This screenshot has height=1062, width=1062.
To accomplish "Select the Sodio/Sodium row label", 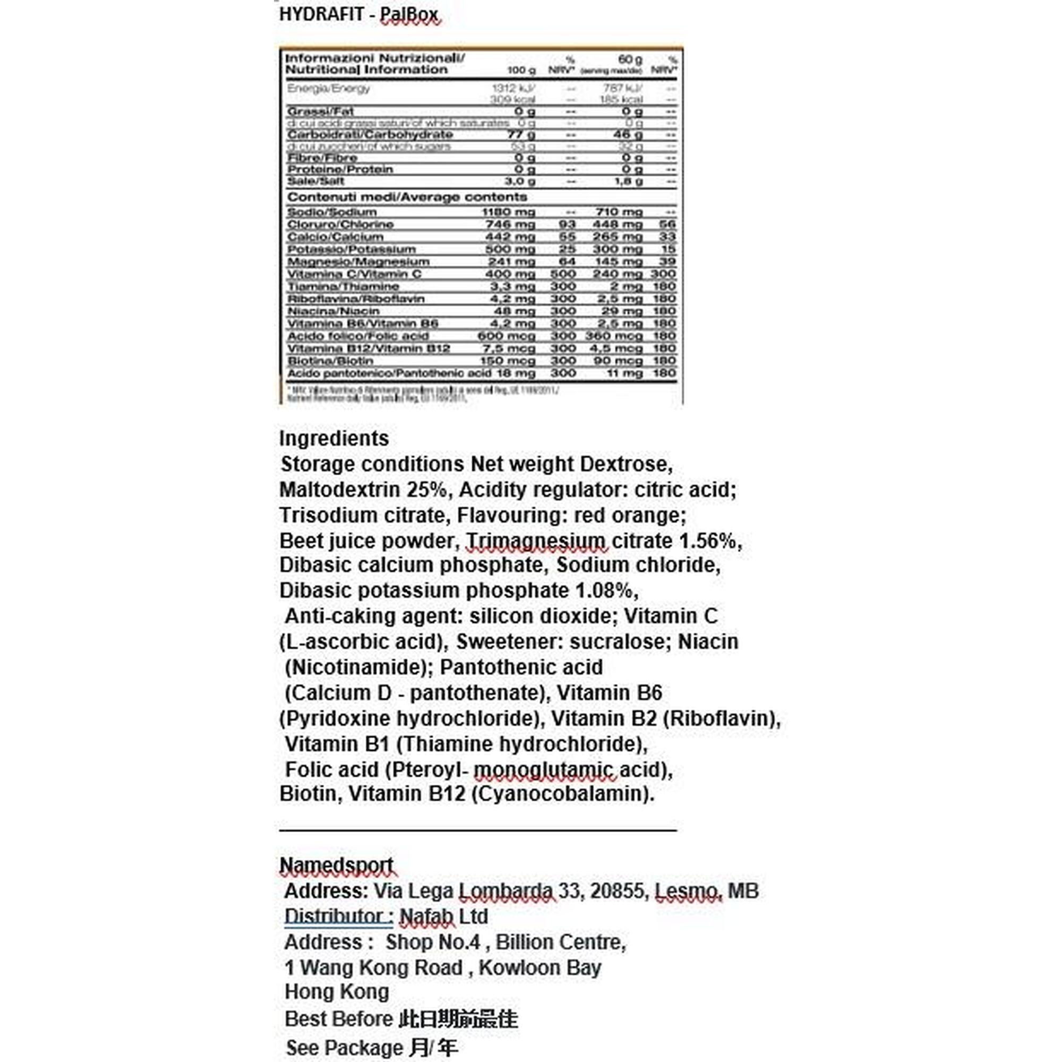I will [x=331, y=212].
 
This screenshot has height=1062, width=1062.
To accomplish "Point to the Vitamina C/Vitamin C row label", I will [x=354, y=274].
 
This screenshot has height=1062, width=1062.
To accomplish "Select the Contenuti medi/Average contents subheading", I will [x=407, y=197].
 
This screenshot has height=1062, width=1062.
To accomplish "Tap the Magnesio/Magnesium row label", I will [x=358, y=262].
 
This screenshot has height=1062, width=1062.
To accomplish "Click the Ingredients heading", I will [x=333, y=438].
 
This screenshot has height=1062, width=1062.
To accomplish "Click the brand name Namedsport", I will [x=336, y=865].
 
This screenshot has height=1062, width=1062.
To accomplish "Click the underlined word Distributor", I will [x=338, y=917].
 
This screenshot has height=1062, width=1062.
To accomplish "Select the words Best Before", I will [x=338, y=1018].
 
